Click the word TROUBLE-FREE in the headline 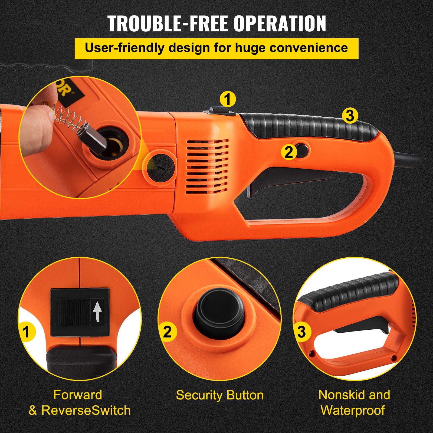(168, 24)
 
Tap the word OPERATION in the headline (280, 24)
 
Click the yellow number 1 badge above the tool (228, 99)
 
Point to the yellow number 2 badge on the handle (289, 152)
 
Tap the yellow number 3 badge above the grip (350, 116)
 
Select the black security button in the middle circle (219, 311)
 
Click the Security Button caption (219, 395)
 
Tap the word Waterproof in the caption (353, 410)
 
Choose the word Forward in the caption (78, 395)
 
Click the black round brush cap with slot (160, 168)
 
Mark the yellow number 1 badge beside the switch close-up (26, 332)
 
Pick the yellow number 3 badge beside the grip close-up (301, 332)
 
